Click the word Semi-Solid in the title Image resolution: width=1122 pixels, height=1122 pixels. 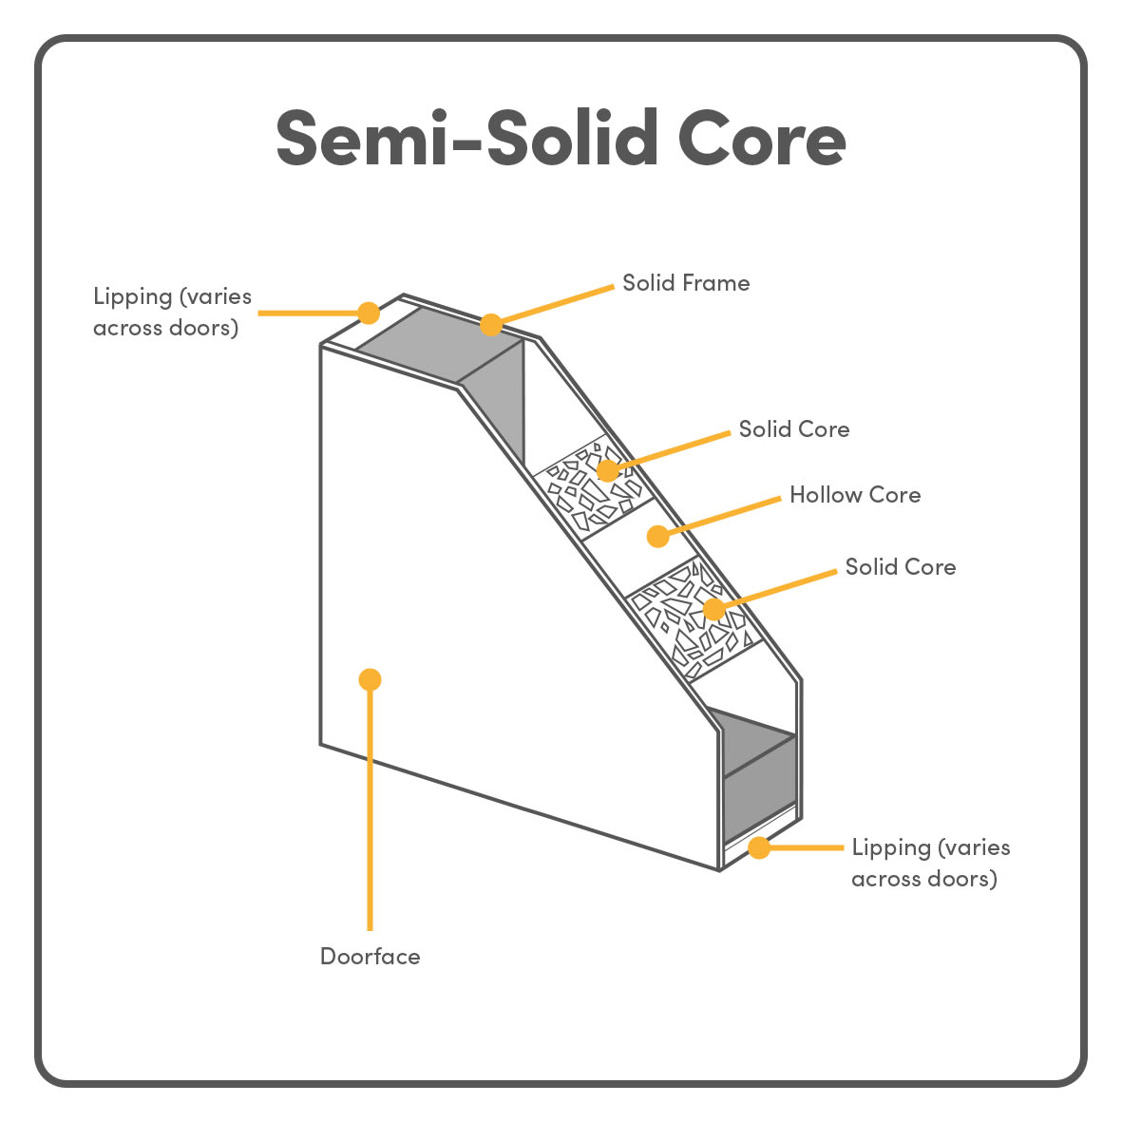[467, 138]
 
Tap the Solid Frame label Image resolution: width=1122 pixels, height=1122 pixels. [686, 283]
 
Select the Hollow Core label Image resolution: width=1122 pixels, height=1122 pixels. [855, 494]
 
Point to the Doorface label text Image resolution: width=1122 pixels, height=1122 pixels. [370, 956]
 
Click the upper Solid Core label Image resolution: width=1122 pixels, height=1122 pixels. [794, 428]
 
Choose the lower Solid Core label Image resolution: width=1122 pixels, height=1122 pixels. [901, 567]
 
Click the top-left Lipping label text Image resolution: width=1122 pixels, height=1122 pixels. [173, 312]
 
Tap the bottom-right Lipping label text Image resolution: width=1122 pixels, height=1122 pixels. [931, 863]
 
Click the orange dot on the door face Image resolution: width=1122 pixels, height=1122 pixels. [370, 680]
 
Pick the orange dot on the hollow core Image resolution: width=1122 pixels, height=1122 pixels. [657, 536]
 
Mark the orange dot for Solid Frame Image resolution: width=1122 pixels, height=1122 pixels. [491, 325]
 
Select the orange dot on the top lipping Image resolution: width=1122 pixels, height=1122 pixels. [369, 313]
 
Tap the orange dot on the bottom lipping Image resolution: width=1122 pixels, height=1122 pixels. [758, 848]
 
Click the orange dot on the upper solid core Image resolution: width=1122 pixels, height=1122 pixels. [607, 470]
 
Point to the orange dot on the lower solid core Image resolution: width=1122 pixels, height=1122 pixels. [713, 609]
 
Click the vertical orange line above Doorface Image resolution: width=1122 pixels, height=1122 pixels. [370, 805]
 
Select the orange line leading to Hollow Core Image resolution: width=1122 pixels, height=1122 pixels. [719, 517]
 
